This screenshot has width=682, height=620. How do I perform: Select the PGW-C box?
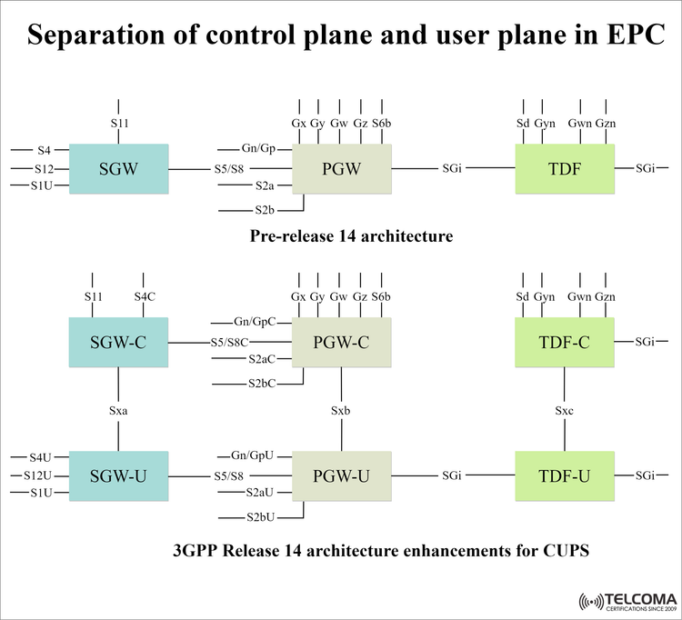342,342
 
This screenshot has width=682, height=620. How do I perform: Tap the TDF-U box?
565,475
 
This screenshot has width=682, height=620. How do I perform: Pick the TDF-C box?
565,342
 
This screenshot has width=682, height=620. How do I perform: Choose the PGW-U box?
342,475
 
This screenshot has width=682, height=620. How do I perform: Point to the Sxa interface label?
118,410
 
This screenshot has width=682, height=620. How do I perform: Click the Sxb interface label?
341,410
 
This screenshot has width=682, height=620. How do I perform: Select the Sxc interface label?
565,410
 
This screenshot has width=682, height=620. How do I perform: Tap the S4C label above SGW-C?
145,297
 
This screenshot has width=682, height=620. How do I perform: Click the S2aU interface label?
262,492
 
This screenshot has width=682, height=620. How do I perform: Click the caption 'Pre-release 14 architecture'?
351,236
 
